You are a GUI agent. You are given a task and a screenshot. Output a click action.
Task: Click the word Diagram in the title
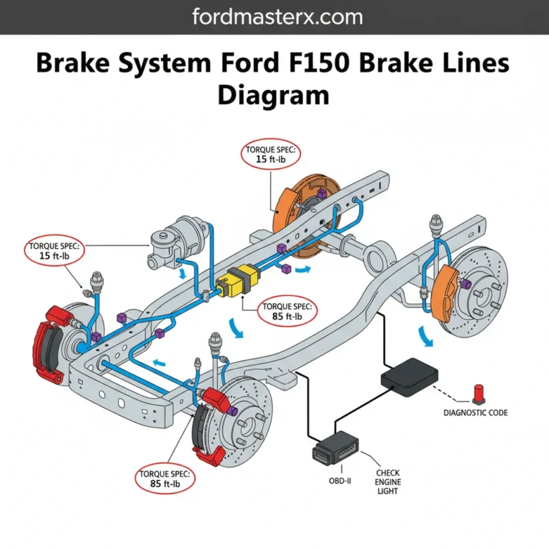tap(274, 94)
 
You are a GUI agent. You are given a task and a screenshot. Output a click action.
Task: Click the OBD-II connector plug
tap(336, 448)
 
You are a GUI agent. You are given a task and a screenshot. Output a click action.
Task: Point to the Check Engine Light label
tap(388, 482)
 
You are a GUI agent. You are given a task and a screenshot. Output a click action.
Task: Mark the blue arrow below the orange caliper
tap(426, 335)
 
